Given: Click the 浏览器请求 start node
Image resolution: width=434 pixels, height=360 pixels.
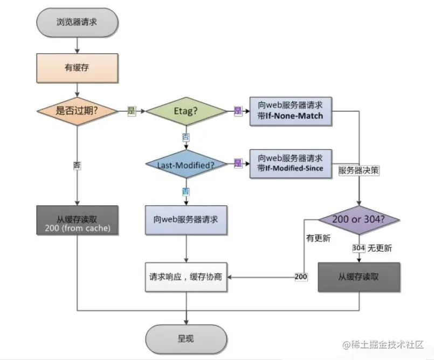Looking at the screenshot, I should tap(78, 22).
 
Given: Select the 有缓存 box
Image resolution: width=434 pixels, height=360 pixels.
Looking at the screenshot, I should tap(78, 67).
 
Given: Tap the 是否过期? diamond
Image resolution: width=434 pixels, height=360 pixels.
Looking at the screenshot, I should tap(78, 111).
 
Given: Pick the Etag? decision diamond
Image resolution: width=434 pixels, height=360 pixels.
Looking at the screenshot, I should tap(187, 111).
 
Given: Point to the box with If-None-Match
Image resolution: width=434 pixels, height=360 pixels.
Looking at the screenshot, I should tap(290, 111).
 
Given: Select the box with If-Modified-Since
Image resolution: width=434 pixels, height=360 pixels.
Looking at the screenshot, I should tap(290, 163).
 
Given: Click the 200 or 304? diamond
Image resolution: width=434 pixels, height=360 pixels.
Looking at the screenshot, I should tap(359, 220).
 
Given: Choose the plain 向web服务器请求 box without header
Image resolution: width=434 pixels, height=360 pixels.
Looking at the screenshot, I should tap(187, 219).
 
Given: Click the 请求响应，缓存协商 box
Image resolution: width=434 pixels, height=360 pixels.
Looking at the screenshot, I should tap(187, 277).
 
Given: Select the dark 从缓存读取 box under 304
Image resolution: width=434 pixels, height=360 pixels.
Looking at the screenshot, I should tap(359, 277).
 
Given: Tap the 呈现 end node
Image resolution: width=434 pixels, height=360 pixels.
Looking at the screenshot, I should tap(185, 338).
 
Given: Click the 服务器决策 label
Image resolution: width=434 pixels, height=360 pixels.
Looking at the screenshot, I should tap(359, 170).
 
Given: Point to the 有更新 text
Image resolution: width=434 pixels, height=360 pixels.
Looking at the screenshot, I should tap(318, 238).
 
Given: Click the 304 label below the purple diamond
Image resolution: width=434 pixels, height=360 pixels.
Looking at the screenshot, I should tap(359, 248).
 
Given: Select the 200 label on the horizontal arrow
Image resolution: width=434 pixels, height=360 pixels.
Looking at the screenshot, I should tap(301, 277).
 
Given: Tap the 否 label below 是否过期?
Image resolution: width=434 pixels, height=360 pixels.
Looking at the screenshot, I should tap(78, 165).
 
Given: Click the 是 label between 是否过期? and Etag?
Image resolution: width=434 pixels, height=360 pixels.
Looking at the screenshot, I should tap(131, 111).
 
